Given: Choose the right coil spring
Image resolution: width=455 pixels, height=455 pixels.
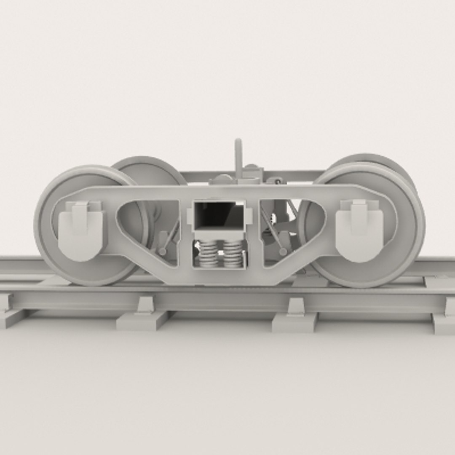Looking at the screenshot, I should (233, 254).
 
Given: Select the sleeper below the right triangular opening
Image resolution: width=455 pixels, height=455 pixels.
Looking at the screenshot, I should (295, 323).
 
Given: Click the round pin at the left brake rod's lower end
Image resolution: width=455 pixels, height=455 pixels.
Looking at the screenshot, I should (162, 252).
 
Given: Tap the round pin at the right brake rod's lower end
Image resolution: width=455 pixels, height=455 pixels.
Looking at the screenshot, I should (283, 252).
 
